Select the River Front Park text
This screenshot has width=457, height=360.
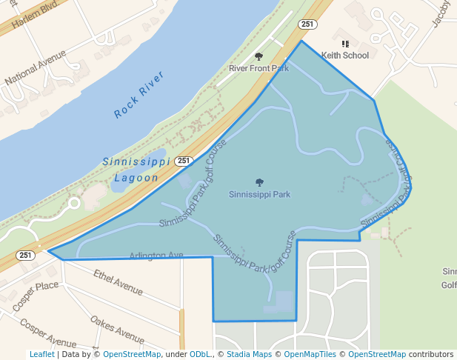tap(258, 68)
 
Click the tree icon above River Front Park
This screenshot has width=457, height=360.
tap(258, 56)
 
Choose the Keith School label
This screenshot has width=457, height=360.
tap(345, 55)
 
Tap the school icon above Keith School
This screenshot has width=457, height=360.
tap(345, 44)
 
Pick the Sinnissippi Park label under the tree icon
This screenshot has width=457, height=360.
tap(259, 195)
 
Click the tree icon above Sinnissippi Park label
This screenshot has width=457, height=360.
tap(259, 182)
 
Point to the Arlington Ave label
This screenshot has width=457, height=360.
tap(156, 256)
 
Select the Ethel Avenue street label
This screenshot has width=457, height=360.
tap(119, 282)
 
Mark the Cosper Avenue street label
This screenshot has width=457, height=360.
tap(49, 333)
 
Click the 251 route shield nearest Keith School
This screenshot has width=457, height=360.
tap(307, 24)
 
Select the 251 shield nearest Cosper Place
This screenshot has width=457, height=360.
tap(26, 256)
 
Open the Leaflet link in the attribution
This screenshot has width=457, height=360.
tap(41, 355)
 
